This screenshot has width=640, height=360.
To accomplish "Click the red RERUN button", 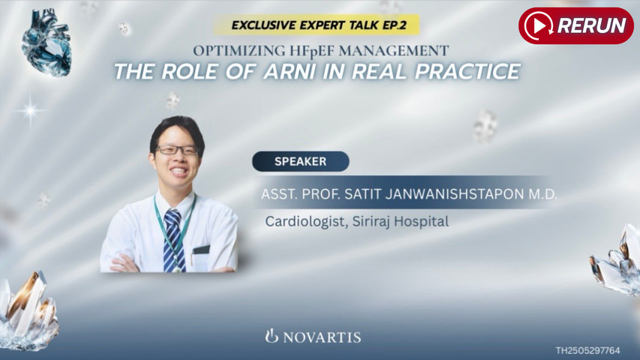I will (575, 25).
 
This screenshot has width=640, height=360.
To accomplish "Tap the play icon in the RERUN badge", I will (539, 25).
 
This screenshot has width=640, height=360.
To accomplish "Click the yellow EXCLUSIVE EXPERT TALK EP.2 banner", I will (315, 25).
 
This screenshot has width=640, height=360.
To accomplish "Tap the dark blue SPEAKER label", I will (300, 161).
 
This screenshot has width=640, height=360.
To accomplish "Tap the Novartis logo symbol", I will (272, 335).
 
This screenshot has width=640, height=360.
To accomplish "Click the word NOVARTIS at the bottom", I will (322, 337).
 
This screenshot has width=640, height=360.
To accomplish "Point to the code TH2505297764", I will (587, 350).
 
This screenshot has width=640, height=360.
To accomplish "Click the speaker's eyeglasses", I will (178, 150).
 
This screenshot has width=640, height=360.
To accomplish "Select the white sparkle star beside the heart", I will (30, 111).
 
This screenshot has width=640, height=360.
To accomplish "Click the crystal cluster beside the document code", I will (617, 263).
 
